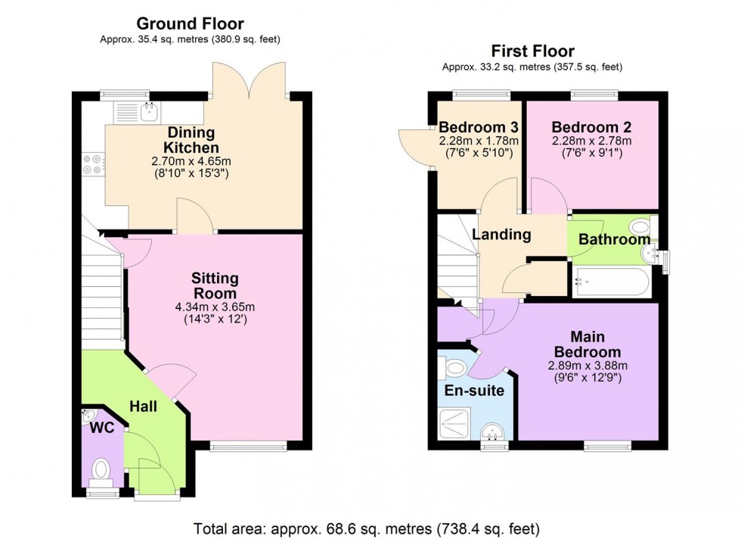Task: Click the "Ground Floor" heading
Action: (190, 24)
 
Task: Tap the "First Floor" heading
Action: (532, 51)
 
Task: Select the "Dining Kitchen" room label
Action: (193, 140)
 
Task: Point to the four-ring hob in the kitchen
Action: (94, 164)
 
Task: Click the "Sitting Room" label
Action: (215, 285)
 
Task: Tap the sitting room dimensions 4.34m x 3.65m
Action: (215, 307)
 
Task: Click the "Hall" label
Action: (142, 407)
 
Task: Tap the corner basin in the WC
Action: (88, 415)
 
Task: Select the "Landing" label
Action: (501, 235)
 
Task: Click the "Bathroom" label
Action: (614, 239)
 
